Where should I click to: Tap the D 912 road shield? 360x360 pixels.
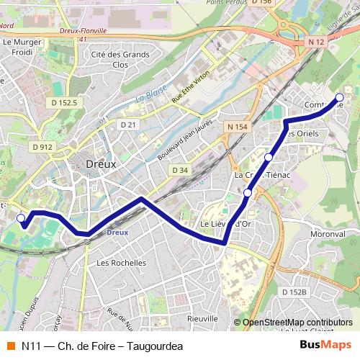(42, 147)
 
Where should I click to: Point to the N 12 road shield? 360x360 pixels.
(315, 43)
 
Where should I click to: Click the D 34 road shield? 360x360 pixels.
(180, 170)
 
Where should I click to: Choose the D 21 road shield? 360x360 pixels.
(128, 125)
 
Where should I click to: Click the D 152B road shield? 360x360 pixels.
(294, 292)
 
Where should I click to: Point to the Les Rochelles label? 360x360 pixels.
(121, 263)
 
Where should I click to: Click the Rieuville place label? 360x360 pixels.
(202, 318)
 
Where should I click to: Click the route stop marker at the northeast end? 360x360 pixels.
(340, 98)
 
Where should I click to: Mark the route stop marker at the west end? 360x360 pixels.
(21, 217)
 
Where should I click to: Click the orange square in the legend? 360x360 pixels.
(10, 346)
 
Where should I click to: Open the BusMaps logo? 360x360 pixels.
(325, 346)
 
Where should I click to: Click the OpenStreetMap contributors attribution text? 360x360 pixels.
(297, 323)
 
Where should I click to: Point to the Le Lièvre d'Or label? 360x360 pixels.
(225, 224)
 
